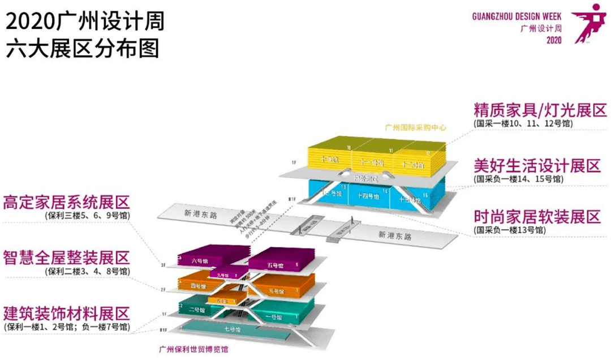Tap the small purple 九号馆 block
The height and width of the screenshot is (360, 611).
coord(234,274)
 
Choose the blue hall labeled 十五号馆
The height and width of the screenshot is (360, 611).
coord(415,199)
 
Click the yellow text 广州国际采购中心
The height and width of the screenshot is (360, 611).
coord(415,128)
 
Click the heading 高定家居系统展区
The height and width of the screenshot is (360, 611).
coord(67,203)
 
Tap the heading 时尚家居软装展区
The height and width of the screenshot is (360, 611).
coord(537,217)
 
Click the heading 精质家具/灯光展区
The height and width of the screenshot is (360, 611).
coord(540,110)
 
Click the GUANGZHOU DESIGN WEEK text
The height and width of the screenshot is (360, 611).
coord(517,16)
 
